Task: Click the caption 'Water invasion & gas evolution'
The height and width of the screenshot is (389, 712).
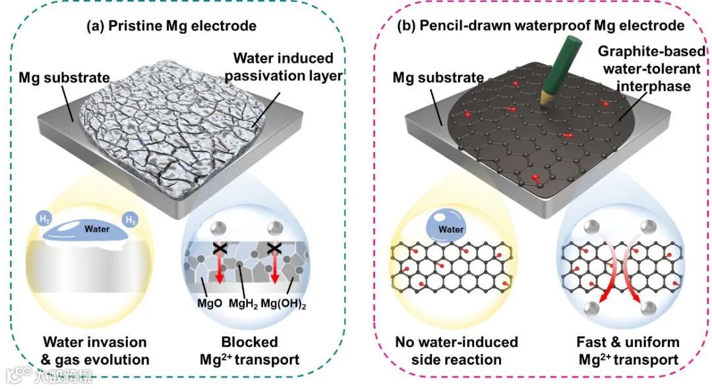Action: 96,351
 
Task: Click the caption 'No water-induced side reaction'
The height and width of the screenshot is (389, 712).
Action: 456,351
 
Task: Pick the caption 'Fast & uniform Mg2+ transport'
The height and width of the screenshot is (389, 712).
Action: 627,351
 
